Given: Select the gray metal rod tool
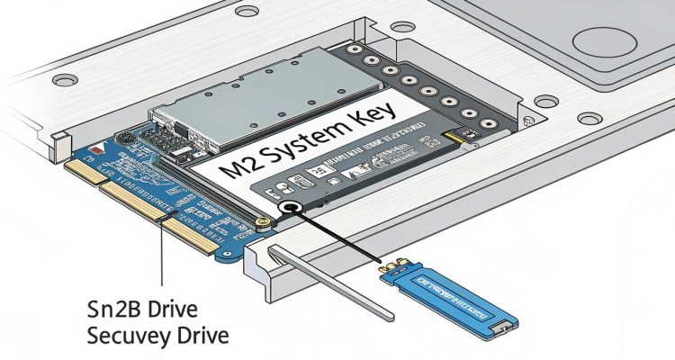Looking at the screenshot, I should (333, 279).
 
